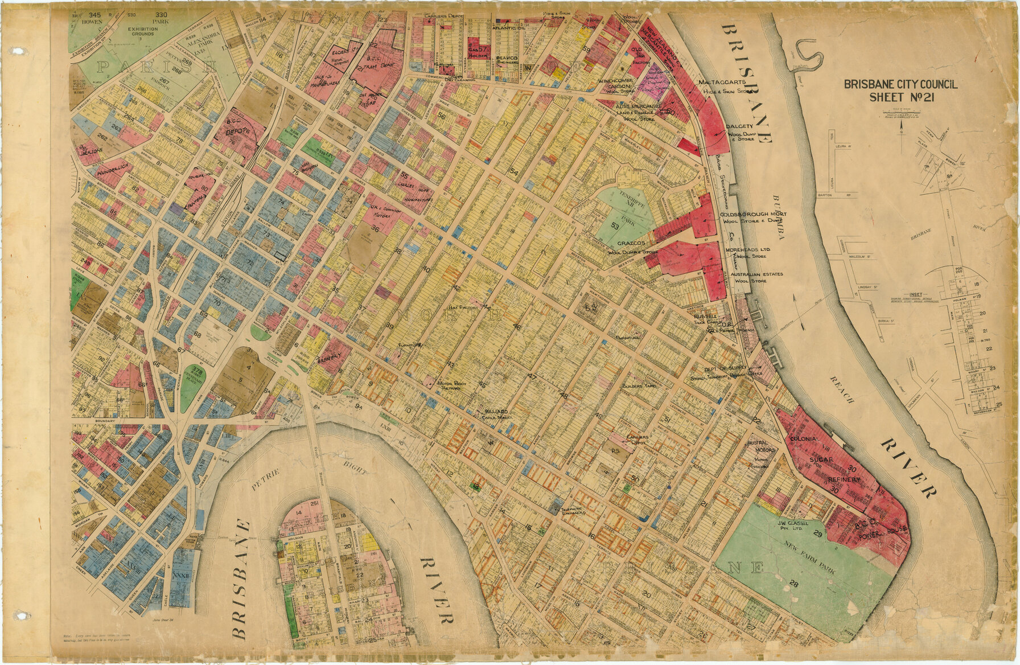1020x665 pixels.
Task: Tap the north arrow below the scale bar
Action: (x=902, y=128)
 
